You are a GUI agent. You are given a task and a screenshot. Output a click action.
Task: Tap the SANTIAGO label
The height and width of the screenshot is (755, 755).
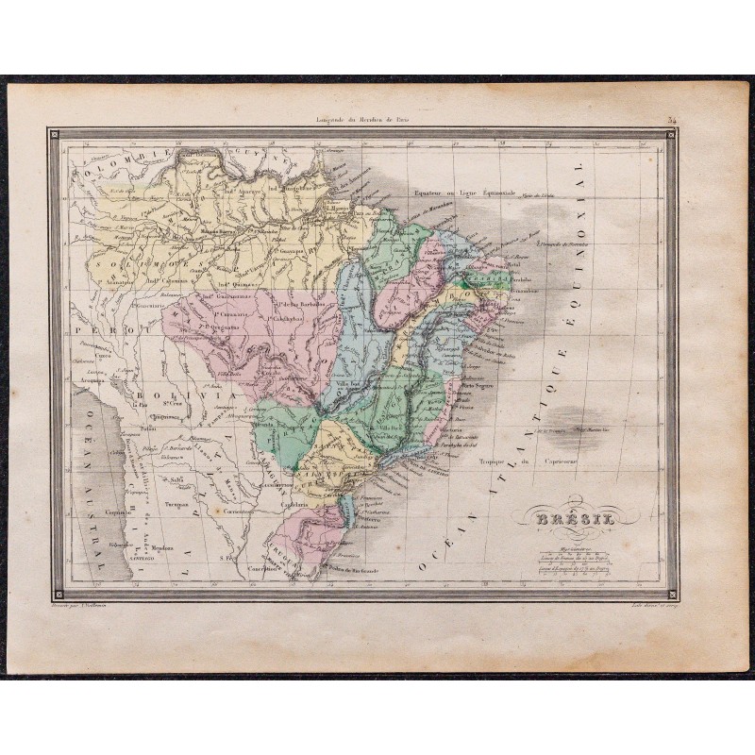point(135,558)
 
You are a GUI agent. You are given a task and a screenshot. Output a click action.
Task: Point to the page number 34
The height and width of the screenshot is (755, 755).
point(670,121)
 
